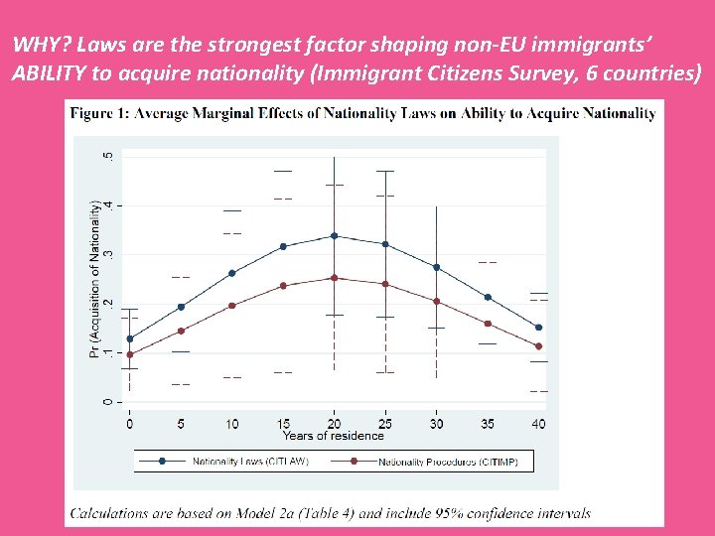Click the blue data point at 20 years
click(334, 236)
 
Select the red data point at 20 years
click(334, 278)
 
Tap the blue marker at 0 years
click(129, 338)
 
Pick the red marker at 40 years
click(538, 346)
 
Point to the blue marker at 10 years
click(231, 273)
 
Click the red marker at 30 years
click(436, 301)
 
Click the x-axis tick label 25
click(385, 424)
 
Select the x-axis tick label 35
click(488, 424)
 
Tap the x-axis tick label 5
click(181, 424)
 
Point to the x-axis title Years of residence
click(333, 436)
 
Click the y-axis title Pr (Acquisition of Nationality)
click(95, 279)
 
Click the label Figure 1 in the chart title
click(99, 113)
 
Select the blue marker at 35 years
click(488, 297)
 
